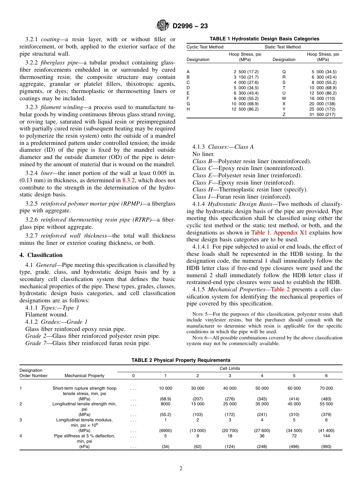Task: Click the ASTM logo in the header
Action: coord(163,26)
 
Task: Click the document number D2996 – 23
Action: coord(190,26)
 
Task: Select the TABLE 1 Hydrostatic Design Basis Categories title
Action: coord(264,39)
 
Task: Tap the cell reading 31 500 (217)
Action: coord(322,115)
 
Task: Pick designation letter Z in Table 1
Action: coord(284,115)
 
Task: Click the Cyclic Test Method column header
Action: coord(205,47)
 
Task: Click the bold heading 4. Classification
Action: coord(41,255)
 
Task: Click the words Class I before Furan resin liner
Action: coord(200,197)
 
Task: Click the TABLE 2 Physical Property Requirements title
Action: coord(181,360)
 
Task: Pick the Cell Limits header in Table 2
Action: coord(230,368)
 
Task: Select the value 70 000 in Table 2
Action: coord(326,388)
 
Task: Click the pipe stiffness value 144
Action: coord(326,436)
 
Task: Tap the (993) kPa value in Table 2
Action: coord(326,446)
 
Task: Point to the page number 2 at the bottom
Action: coord(181,469)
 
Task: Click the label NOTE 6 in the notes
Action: coord(200,338)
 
